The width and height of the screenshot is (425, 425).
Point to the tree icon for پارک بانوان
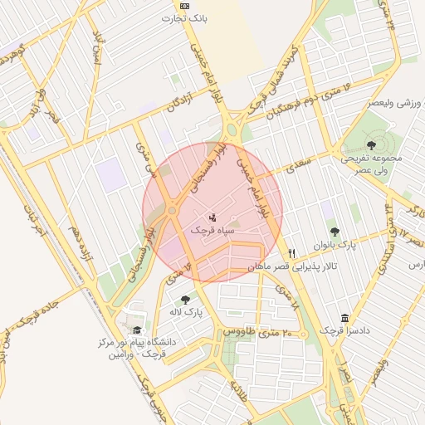click(x=335, y=232)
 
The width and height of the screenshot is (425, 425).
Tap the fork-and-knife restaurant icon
click(x=291, y=253)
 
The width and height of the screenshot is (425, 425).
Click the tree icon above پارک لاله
click(x=184, y=299)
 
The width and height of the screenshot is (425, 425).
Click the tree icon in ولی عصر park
click(x=370, y=145)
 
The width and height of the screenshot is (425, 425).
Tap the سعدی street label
click(x=296, y=168)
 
